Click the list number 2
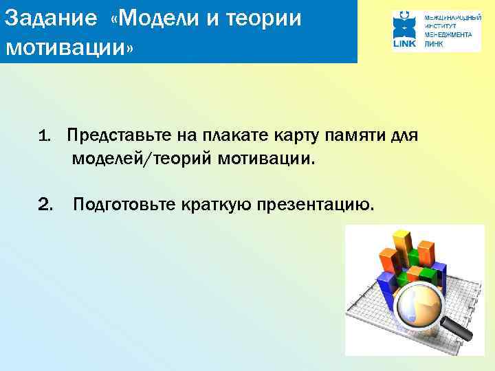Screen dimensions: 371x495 click(x=46, y=204)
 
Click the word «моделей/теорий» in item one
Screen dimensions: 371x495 click(x=140, y=159)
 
